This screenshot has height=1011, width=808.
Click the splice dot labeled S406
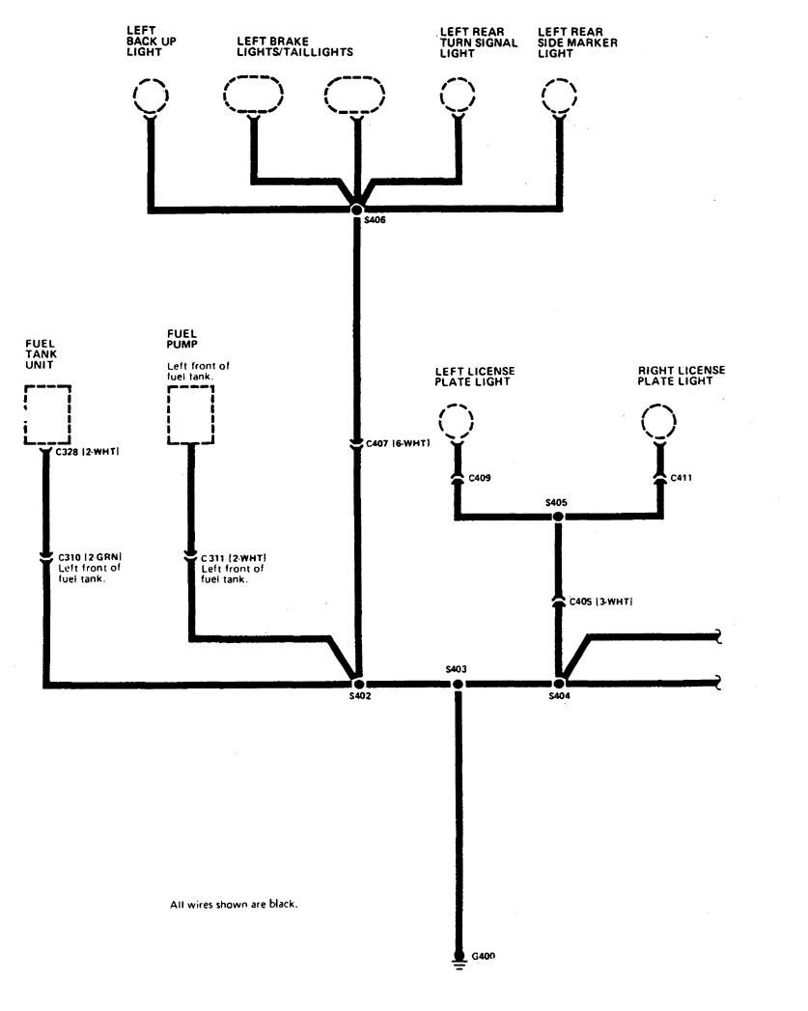[357, 209]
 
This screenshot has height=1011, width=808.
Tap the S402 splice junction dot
[357, 684]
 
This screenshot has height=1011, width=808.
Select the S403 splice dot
[458, 684]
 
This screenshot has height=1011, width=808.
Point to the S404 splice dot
[558, 684]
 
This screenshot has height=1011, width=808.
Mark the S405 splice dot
[557, 518]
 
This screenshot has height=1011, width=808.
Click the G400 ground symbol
[459, 960]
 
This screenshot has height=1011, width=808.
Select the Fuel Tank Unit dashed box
[46, 415]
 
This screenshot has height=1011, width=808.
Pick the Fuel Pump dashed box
[190, 415]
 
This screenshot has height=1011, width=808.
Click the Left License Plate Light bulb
[455, 423]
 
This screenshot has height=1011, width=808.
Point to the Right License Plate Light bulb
[660, 423]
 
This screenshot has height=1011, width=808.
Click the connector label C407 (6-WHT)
[397, 443]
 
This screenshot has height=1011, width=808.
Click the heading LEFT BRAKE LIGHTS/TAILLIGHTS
[294, 47]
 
